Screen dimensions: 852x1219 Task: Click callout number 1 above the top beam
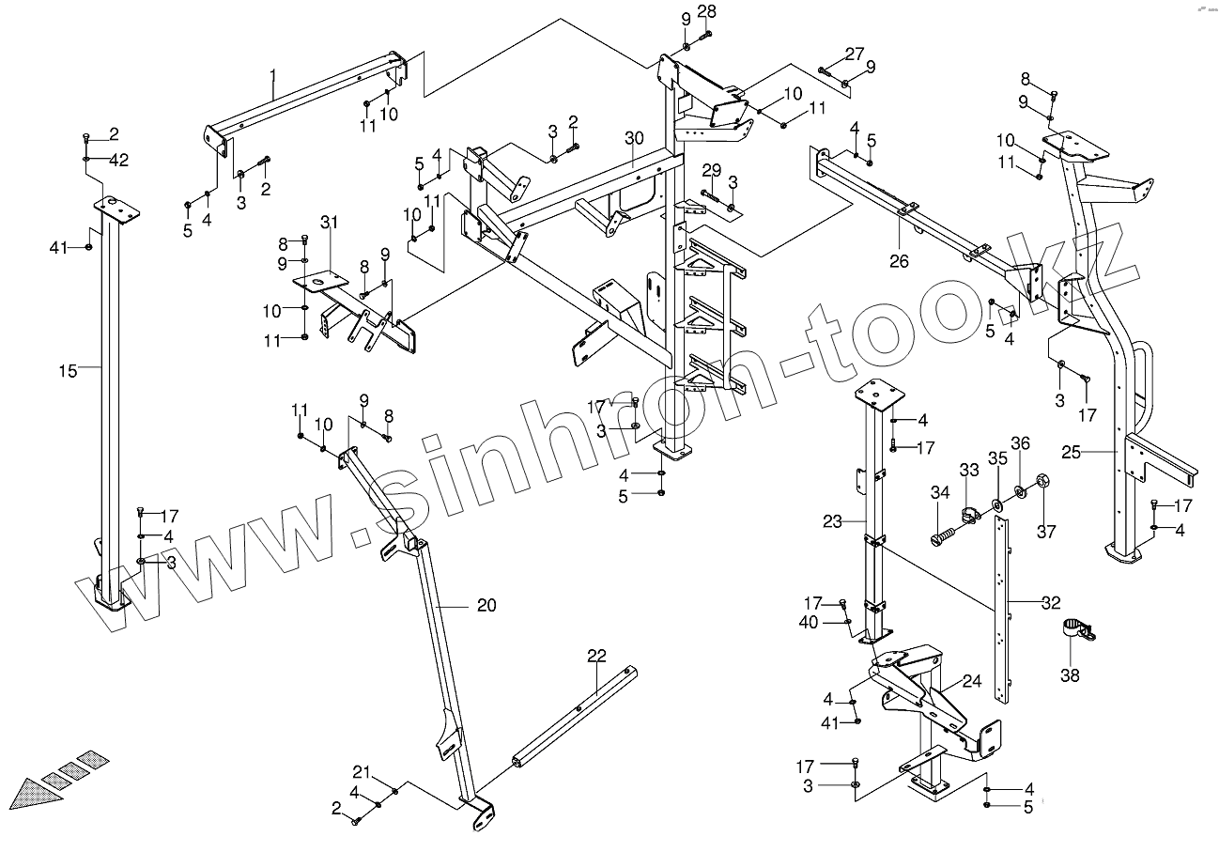(x=272, y=73)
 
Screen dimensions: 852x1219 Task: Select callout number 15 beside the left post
(x=67, y=371)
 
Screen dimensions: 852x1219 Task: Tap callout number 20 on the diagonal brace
(x=486, y=606)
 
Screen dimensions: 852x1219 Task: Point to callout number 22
(x=597, y=656)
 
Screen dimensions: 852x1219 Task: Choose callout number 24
(x=971, y=683)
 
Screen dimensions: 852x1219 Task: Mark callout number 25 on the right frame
(x=1072, y=453)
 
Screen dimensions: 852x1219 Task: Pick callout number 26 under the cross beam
(x=899, y=261)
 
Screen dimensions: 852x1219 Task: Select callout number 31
(x=328, y=222)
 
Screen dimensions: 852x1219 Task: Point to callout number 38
(x=1070, y=674)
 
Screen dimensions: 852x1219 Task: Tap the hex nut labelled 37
(x=1042, y=485)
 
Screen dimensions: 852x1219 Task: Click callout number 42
(x=118, y=160)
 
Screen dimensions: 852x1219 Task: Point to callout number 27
(x=853, y=54)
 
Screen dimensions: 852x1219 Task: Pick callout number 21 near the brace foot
(x=362, y=772)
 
